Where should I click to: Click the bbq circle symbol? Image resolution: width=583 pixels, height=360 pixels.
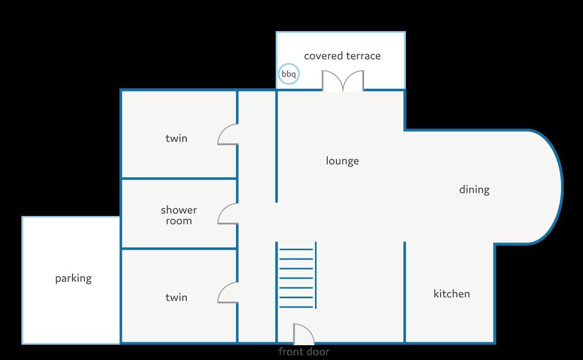point(288,74)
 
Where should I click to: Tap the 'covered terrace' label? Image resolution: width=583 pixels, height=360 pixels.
point(343,56)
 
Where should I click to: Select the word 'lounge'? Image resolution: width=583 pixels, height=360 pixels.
point(343,161)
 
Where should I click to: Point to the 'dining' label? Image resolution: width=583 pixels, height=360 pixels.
point(474,189)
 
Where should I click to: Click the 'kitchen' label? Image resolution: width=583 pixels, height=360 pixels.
point(452,294)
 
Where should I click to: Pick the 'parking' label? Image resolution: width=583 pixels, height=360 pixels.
point(73,279)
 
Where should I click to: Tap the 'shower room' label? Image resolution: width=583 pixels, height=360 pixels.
point(179,215)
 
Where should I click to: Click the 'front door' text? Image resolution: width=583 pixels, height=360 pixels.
point(304,351)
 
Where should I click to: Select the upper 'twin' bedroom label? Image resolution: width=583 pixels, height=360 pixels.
point(176,138)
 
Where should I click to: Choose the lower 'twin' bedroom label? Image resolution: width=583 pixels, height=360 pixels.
point(176,298)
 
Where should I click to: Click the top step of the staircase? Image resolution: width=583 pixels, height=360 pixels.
point(296,250)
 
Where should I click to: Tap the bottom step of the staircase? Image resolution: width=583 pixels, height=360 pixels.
point(296,307)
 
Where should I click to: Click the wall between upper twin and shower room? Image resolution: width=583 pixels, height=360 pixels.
point(179,179)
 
